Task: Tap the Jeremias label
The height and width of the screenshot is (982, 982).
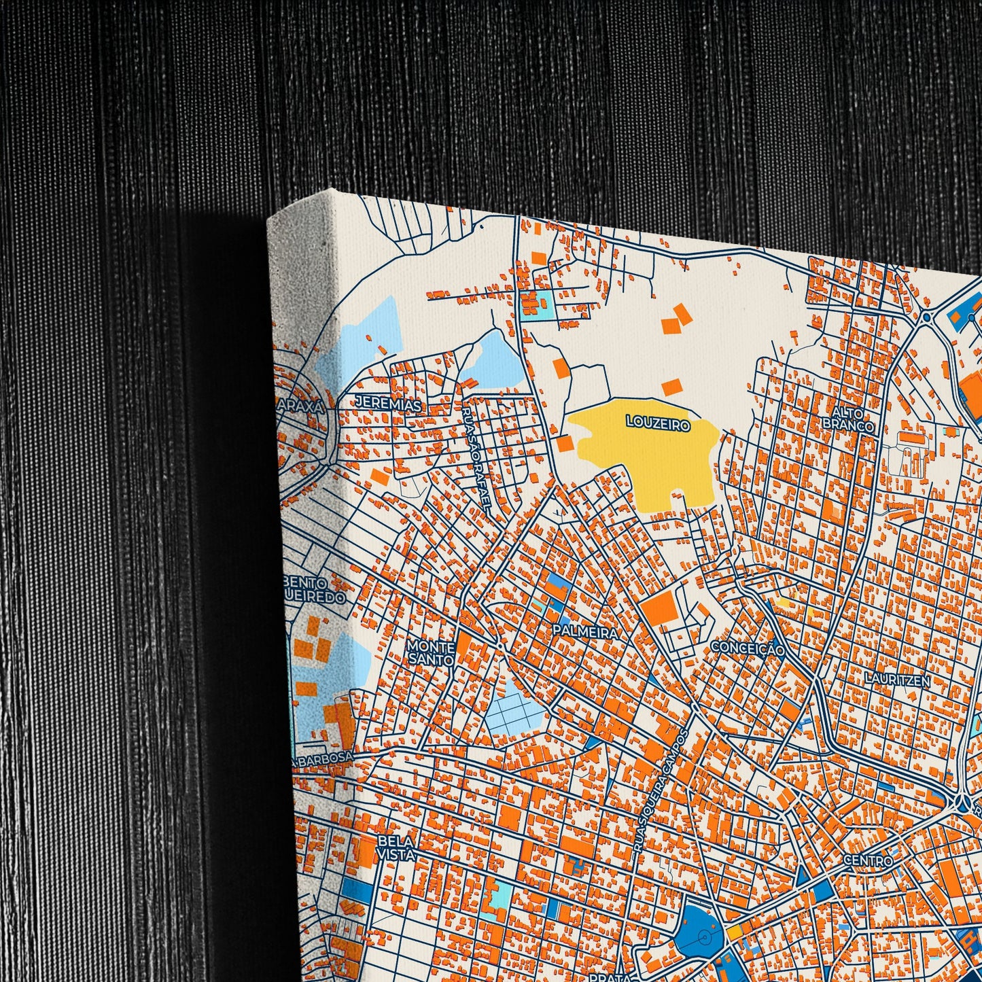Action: [388, 404]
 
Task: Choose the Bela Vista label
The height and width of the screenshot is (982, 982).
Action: [396, 847]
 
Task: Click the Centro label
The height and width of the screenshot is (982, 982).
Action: [867, 860]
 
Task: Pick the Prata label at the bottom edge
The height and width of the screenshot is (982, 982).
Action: [608, 977]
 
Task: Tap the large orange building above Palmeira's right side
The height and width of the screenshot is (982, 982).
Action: [659, 606]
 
